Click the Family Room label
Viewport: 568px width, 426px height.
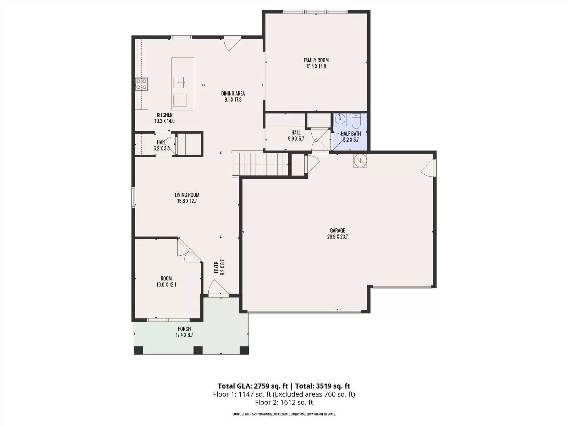tap(316, 60)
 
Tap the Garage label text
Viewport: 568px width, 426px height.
tap(338, 230)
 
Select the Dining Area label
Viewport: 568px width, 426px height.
tap(233, 94)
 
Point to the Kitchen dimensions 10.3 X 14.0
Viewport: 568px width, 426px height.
tap(165, 121)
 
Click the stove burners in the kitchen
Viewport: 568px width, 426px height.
tap(141, 84)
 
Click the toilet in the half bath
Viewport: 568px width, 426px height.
tap(356, 121)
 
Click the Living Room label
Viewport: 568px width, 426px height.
tap(187, 195)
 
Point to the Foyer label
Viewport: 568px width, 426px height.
tap(216, 267)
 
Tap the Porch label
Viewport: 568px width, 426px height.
tap(184, 329)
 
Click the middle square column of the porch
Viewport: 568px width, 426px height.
tap(198, 350)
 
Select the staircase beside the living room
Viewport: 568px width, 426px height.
tap(260, 164)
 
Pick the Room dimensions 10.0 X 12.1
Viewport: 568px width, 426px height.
tap(166, 285)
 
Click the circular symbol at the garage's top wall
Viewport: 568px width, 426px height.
tap(360, 161)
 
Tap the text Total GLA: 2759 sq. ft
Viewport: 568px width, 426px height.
tap(253, 386)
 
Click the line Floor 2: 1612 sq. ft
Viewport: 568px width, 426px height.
tap(284, 403)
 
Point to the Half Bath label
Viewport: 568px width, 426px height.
tap(351, 134)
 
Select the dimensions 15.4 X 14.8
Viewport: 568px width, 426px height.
tap(316, 66)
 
